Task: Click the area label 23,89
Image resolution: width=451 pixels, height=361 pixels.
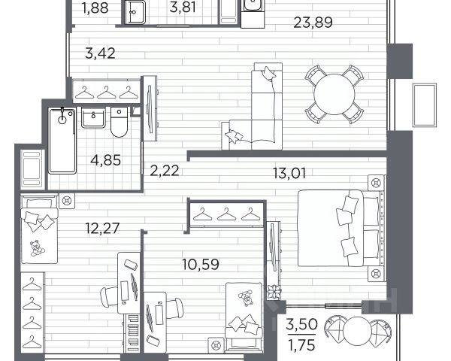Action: (x=313, y=23)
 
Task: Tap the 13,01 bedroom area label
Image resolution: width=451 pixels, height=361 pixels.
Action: (x=289, y=173)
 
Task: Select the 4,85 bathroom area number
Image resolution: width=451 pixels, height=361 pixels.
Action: (x=105, y=160)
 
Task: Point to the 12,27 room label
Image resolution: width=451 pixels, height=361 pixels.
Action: (x=102, y=229)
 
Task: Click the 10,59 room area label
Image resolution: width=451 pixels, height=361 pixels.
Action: (x=201, y=264)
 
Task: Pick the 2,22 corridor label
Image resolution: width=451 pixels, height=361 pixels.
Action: (x=165, y=171)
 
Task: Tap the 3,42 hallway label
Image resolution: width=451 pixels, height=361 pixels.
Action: (x=100, y=53)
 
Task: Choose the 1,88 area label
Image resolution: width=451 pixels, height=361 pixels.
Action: (x=95, y=8)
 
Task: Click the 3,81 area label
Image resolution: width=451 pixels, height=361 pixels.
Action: (x=183, y=8)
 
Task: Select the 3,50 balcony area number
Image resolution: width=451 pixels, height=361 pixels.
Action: (x=301, y=324)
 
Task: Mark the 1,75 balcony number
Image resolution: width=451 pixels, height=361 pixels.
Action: (x=301, y=345)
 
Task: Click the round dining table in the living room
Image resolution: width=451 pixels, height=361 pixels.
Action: (x=334, y=94)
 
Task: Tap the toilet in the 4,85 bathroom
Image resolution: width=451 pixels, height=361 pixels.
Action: (x=119, y=123)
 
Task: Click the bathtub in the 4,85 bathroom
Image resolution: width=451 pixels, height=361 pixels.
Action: (x=62, y=141)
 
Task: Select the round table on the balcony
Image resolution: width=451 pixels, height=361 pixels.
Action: (x=358, y=331)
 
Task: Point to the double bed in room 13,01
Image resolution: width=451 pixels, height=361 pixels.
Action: (x=341, y=228)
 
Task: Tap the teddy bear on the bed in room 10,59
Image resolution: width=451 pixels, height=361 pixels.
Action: (x=246, y=297)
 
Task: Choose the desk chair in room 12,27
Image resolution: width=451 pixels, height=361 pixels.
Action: (x=109, y=296)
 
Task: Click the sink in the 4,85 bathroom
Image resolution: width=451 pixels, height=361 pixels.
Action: (x=93, y=117)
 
